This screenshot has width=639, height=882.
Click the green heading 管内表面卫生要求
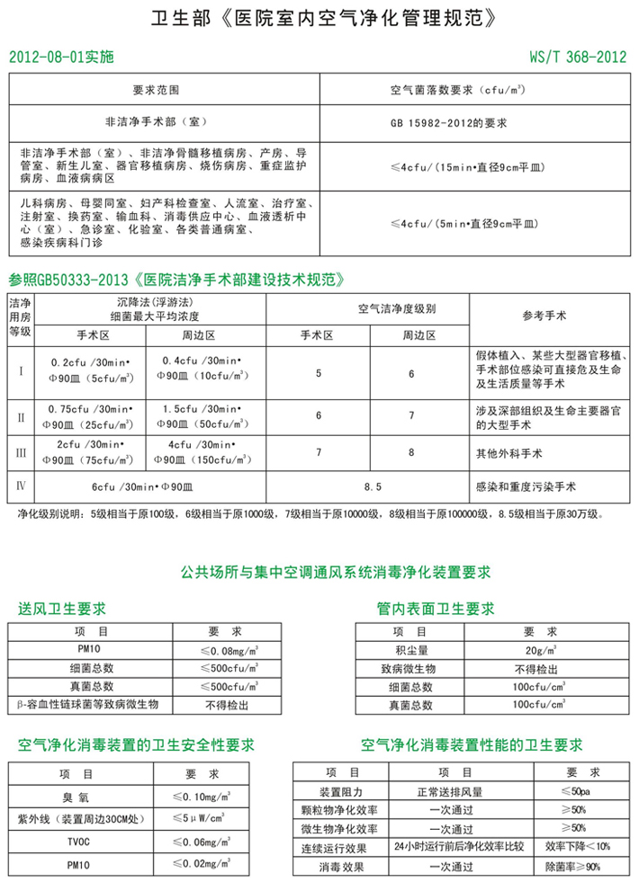pyautogui.click(x=436, y=609)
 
